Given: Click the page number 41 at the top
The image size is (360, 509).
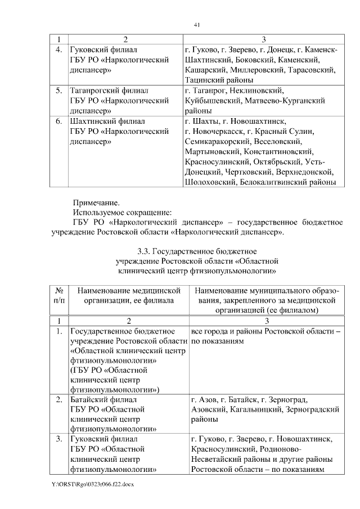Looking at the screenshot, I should point(197,25).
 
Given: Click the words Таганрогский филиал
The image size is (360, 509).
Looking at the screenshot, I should point(109,91).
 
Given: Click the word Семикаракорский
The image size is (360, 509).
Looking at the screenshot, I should point(217,142).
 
